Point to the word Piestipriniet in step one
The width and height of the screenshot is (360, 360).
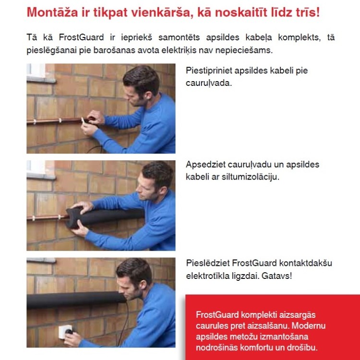click(x=209, y=71)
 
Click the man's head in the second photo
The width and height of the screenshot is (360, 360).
click(x=156, y=177)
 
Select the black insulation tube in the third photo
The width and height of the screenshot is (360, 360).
click(x=72, y=300)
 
